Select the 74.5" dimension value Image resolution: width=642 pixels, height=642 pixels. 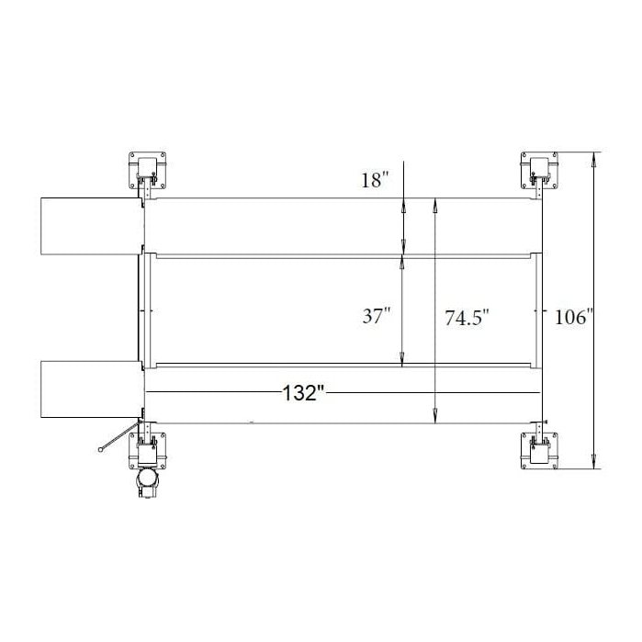point(467,318)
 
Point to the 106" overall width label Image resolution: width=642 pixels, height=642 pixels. point(573,318)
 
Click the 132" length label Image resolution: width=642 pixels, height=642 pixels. point(305,394)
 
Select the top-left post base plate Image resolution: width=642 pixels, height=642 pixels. point(149,167)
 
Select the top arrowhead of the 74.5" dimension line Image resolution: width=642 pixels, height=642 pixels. point(434,204)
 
